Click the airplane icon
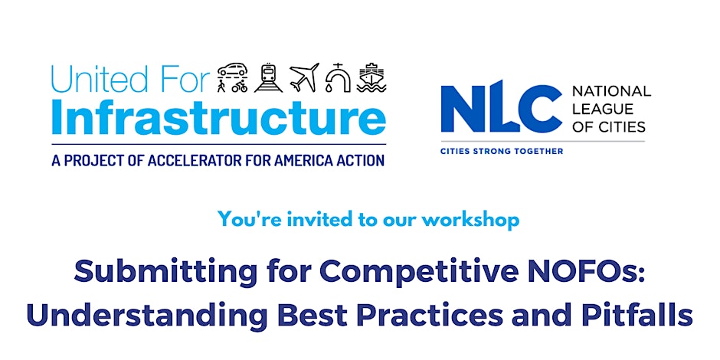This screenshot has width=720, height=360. pos(303,77)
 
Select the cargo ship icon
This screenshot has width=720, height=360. pos(371,77)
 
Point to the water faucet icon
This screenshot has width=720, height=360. pos(338,77)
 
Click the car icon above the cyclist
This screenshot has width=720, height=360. pos(234,71)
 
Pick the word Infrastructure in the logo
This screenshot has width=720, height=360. pos(218,117)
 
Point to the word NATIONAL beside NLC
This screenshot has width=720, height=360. pos(611,91)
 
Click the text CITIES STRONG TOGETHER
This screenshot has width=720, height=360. pos(501,152)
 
